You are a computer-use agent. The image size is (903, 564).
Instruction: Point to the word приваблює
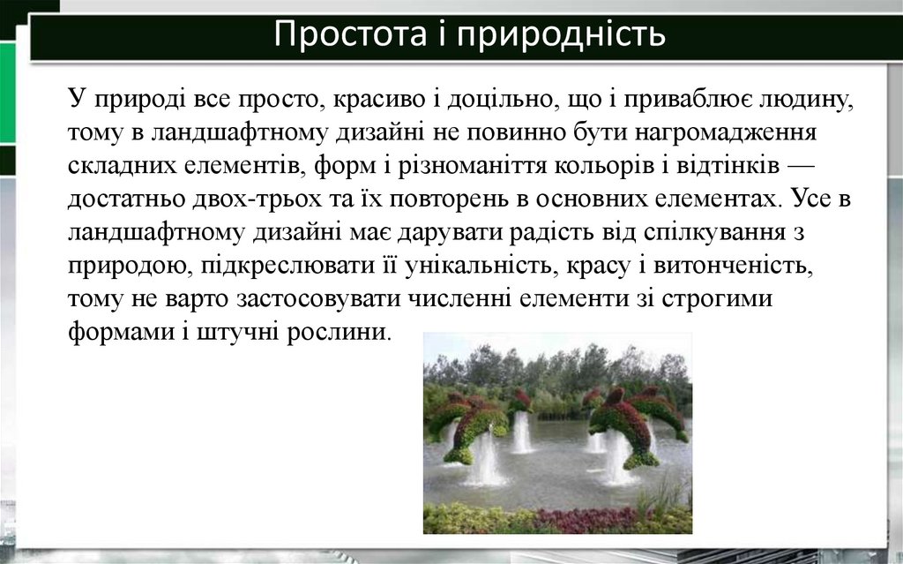pos(678,99)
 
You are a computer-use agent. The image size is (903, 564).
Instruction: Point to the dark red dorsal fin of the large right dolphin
pos(615,396)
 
